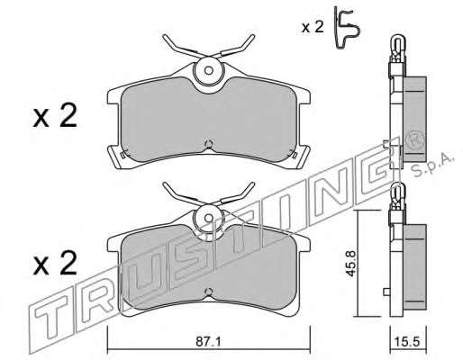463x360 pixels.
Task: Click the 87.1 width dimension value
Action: (208, 342)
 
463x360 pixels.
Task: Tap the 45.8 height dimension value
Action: (352, 263)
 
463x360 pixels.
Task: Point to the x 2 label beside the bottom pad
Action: (55, 263)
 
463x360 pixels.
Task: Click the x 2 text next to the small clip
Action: (313, 28)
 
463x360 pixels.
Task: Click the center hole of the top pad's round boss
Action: (208, 71)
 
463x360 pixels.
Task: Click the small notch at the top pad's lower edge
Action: (208, 144)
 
